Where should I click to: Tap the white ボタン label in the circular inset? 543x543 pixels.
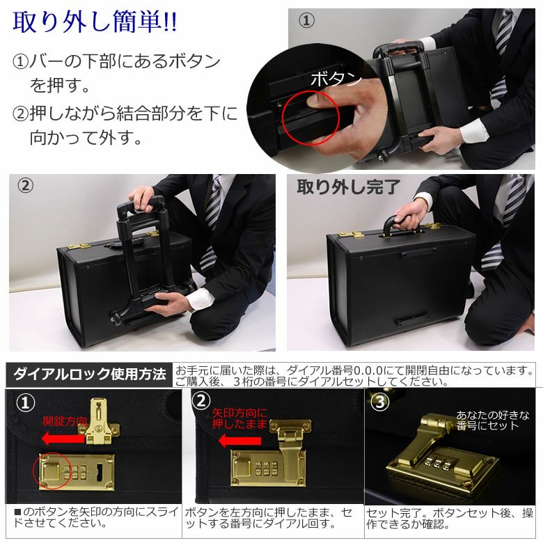coord(336,79)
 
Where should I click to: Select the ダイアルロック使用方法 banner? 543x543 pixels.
coord(89,374)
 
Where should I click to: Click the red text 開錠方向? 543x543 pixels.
coord(65,421)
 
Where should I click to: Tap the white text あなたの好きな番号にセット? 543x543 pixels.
coord(493,420)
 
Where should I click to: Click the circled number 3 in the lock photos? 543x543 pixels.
coord(379,402)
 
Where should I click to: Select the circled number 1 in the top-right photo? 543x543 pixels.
coord(306,21)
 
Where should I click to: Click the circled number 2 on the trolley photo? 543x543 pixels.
coord(25,186)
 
